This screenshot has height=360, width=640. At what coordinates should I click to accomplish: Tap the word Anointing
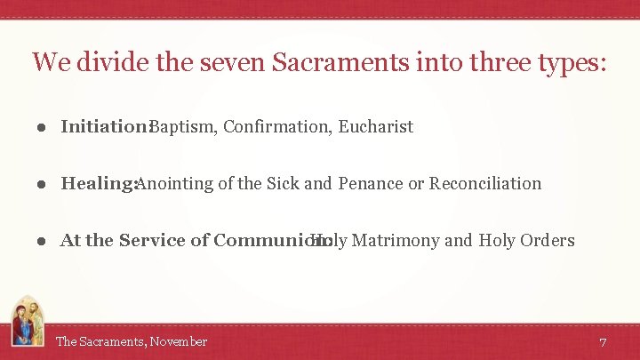[174, 183]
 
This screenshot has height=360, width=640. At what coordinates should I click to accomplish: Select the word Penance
[370, 183]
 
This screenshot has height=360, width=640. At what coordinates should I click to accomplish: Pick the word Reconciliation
[485, 183]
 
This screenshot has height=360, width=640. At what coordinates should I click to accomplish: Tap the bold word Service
[151, 240]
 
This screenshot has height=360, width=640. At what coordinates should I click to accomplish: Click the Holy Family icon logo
[27, 322]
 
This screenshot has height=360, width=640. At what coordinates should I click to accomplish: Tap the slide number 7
[603, 342]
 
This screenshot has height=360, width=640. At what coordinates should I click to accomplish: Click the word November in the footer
[179, 341]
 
